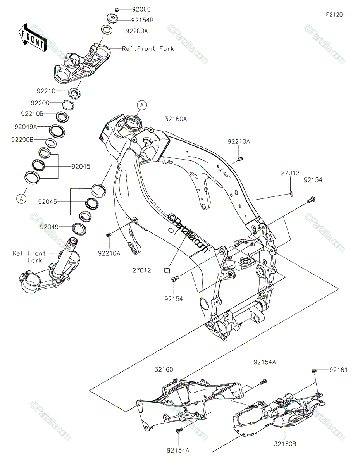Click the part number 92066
131,9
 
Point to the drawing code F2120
334,15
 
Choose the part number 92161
338,370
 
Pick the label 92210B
32,114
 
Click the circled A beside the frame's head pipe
142,105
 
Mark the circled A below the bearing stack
22,198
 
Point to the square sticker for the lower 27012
167,270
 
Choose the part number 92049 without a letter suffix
49,227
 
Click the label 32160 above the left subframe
164,370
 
